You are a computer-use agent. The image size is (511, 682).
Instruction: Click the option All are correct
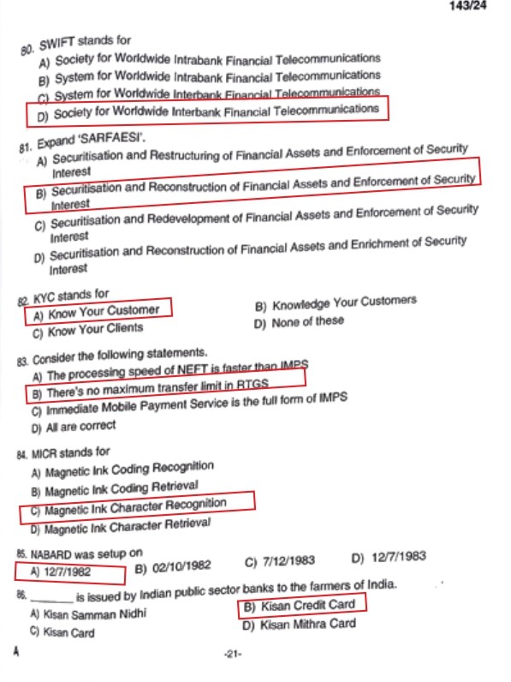coord(74,426)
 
